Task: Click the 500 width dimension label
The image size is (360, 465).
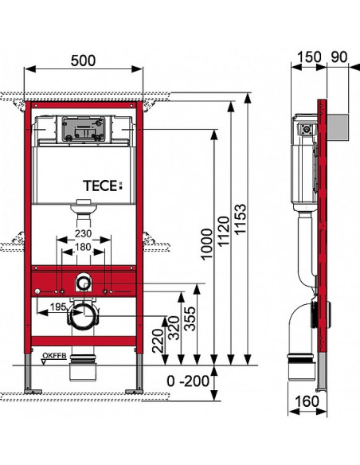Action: (x=83, y=61)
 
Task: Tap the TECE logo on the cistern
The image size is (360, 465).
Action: (x=103, y=186)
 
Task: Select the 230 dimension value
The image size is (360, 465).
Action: (x=84, y=233)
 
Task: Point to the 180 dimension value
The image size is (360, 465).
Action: (x=83, y=247)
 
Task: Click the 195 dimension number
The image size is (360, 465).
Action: (x=58, y=307)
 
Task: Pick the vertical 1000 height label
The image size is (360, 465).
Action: (x=207, y=244)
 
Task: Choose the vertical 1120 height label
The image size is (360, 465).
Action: (x=223, y=232)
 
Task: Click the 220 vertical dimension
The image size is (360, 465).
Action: (x=158, y=341)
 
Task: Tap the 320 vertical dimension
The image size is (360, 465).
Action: (x=174, y=328)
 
